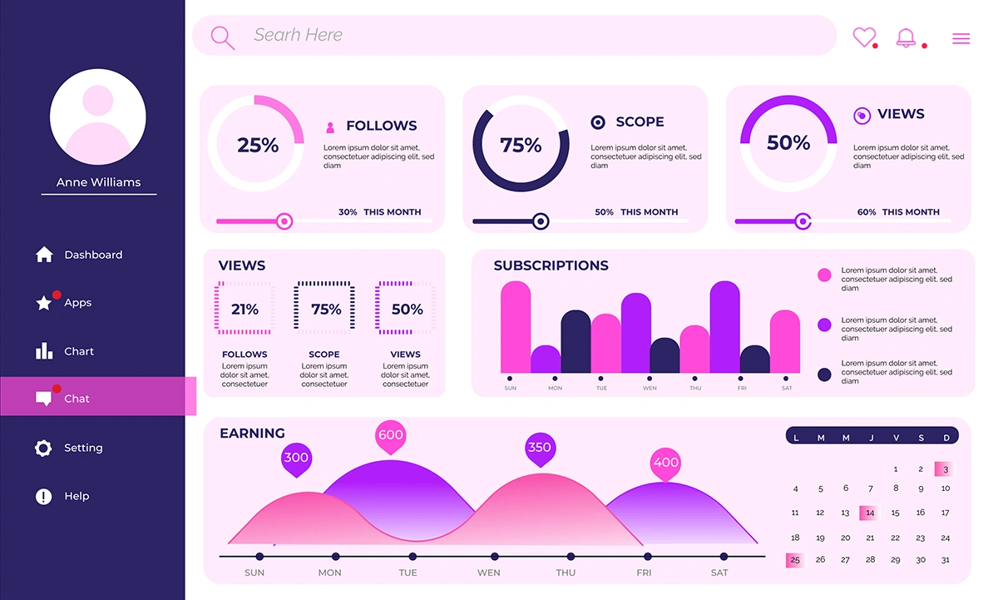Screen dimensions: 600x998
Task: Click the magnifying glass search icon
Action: pyautogui.click(x=222, y=37)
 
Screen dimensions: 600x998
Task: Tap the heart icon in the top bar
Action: pyautogui.click(x=864, y=37)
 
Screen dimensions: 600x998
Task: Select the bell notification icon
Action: pyautogui.click(x=905, y=37)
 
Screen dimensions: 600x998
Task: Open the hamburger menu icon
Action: pyautogui.click(x=961, y=38)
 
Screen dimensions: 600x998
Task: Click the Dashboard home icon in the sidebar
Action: pyautogui.click(x=44, y=255)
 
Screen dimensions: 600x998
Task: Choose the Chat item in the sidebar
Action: pyautogui.click(x=77, y=399)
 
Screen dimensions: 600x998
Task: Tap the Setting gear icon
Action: pyautogui.click(x=43, y=448)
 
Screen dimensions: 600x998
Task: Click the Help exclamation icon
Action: pyautogui.click(x=43, y=497)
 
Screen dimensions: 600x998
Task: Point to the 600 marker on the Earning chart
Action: pyautogui.click(x=390, y=435)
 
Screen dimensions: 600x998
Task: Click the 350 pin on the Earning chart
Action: pyautogui.click(x=539, y=448)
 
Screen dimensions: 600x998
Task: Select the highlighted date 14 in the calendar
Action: pyautogui.click(x=869, y=513)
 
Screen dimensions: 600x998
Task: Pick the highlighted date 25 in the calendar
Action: pyautogui.click(x=795, y=560)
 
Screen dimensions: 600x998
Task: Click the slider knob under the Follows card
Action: pyautogui.click(x=284, y=221)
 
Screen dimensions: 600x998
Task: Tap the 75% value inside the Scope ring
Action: pyautogui.click(x=521, y=145)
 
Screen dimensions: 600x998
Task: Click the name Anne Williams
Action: pyautogui.click(x=98, y=182)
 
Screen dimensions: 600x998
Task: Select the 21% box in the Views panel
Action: pyautogui.click(x=245, y=309)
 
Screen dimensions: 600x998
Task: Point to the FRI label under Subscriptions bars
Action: pyautogui.click(x=741, y=389)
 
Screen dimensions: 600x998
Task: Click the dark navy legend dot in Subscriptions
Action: pyautogui.click(x=824, y=374)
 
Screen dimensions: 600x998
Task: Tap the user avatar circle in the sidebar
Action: pyautogui.click(x=98, y=117)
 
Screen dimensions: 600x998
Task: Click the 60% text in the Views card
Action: pyautogui.click(x=867, y=212)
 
